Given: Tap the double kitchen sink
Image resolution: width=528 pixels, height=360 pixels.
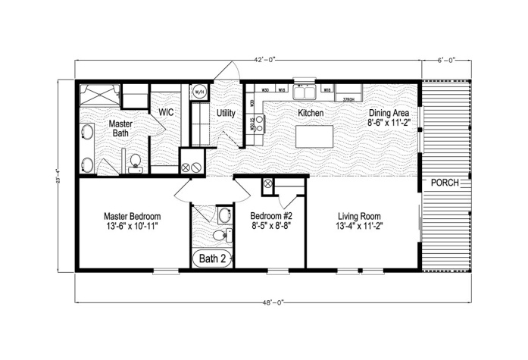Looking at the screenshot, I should pyautogui.click(x=306, y=92).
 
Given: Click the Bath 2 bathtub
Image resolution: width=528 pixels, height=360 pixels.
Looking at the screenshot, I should pyautogui.click(x=213, y=258).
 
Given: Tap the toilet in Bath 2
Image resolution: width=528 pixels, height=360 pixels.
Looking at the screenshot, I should pyautogui.click(x=219, y=236).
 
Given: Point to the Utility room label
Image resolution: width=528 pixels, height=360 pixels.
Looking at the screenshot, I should pyautogui.click(x=226, y=114).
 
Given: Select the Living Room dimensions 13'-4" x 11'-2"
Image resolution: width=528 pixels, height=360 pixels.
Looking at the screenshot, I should pyautogui.click(x=360, y=226).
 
